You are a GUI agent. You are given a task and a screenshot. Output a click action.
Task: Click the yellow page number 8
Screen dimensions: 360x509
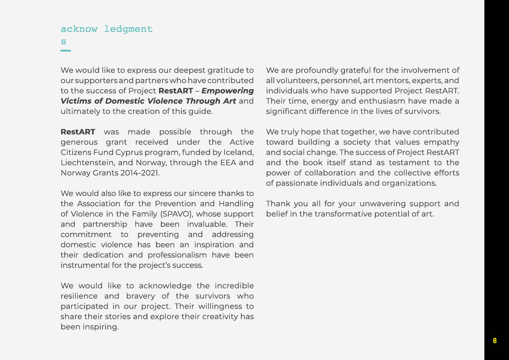click(x=495, y=341)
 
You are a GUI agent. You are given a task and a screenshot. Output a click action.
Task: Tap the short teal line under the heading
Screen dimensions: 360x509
click(x=66, y=50)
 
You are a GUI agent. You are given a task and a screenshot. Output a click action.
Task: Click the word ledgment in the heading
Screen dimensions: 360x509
click(x=128, y=29)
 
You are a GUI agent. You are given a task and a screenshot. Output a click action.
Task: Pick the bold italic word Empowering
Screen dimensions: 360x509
click(x=227, y=91)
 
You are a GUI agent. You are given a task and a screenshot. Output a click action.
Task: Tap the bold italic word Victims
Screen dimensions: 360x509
click(x=76, y=101)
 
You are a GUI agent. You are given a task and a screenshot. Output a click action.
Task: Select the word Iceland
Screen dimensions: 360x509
click(x=240, y=152)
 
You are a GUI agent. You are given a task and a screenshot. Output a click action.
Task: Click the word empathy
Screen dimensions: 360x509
click(x=441, y=142)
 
